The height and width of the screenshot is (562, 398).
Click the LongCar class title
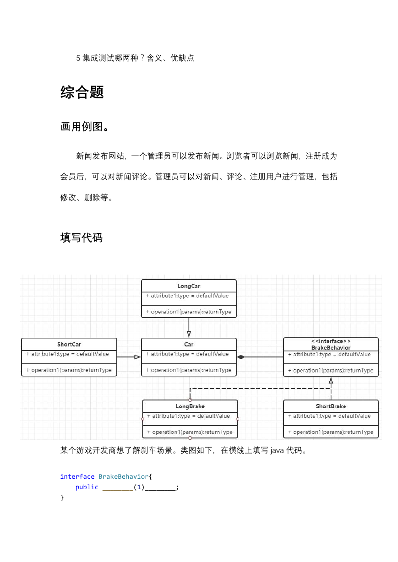tap(189, 286)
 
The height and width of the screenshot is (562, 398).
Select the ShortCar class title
tap(69, 345)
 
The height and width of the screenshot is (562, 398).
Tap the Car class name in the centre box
tap(189, 345)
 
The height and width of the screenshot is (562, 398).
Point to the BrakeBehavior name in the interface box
tap(331, 348)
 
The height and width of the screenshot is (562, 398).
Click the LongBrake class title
tap(190, 406)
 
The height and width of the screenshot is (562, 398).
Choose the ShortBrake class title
tap(331, 406)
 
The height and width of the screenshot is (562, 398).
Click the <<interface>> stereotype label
tap(331, 341)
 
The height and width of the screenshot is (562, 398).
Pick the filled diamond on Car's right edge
tap(240, 357)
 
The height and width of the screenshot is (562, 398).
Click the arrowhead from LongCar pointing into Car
tap(189, 334)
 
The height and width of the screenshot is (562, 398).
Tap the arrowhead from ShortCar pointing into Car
tap(137, 357)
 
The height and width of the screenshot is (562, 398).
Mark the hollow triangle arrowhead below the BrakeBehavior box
tap(331, 380)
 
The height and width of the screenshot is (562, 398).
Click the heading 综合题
tap(82, 92)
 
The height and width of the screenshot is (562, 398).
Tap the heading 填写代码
tap(82, 238)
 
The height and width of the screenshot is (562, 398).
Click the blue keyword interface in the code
tap(77, 476)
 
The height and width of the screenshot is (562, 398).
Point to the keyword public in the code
tap(87, 487)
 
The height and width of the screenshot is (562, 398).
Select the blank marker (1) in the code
tap(139, 487)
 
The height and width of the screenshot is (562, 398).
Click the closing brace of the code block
tap(62, 497)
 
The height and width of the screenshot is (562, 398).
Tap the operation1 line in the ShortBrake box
tap(331, 432)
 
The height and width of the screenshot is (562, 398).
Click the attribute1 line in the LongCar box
tap(187, 296)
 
